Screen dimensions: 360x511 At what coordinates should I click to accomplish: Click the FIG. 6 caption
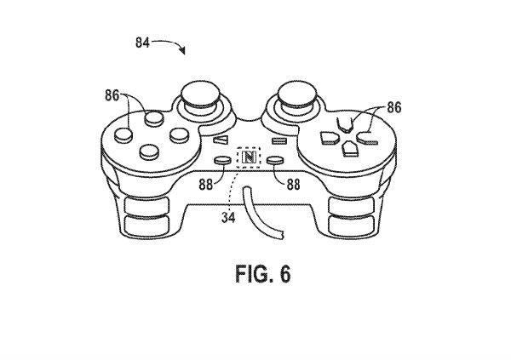point(255,277)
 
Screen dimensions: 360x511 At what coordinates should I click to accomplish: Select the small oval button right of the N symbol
point(276,158)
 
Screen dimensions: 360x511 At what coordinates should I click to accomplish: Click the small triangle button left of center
point(221,140)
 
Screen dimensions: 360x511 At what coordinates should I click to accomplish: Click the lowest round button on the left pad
point(150,152)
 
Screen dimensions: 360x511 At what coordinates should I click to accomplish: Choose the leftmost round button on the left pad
point(123,133)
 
